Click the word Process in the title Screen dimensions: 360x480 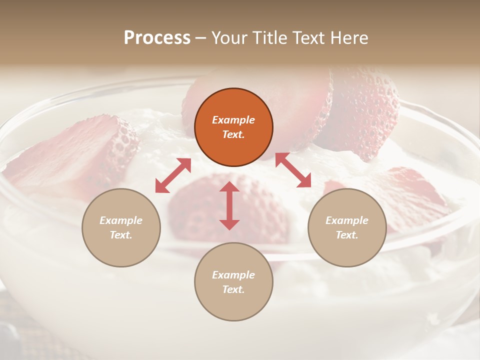[x=157, y=38]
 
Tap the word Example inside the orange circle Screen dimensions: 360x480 [x=233, y=120]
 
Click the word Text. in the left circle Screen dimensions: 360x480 [x=121, y=235]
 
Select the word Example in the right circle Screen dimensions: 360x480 [x=347, y=220]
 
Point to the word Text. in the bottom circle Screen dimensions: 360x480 [x=233, y=289]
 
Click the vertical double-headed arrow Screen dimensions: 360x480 [x=229, y=205]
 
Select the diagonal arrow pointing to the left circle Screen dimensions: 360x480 [x=173, y=175]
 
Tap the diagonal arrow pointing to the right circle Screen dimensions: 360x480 [x=293, y=170]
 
